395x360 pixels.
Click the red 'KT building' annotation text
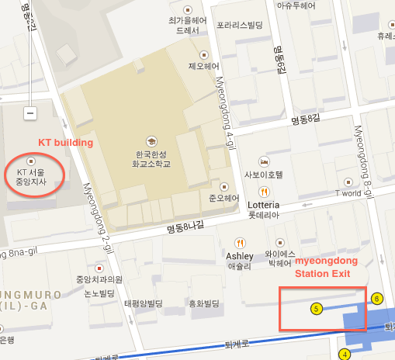tap(66, 143)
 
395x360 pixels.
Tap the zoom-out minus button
tap(30, 113)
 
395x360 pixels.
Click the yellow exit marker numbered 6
tap(377, 298)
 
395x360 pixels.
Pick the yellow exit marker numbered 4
tap(345, 355)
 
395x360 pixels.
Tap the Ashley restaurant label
tap(239, 256)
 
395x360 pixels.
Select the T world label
tap(347, 192)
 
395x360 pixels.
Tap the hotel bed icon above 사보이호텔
tap(265, 161)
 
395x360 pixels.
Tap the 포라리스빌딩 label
tap(240, 24)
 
